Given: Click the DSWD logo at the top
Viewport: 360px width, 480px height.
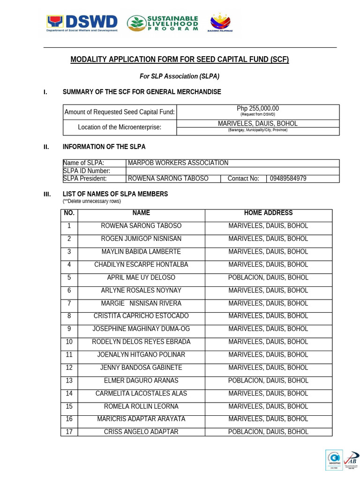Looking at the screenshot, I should (82, 22).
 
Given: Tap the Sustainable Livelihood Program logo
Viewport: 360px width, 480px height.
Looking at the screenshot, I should (163, 22).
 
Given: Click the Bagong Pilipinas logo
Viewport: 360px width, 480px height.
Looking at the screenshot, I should (221, 22).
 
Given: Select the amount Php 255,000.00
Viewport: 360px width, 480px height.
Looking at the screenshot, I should (257, 109).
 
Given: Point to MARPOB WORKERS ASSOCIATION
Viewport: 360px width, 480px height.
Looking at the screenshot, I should (178, 163).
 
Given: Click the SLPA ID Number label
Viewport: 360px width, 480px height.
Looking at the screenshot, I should (87, 171).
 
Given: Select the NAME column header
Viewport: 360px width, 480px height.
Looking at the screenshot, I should (141, 213).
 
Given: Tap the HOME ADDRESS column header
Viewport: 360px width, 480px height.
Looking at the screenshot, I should (268, 213).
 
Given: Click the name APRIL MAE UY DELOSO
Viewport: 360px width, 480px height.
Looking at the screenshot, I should (141, 277).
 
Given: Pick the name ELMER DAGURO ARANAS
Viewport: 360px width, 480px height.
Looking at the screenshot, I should (141, 381).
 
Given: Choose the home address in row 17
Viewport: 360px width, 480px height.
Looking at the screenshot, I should (268, 432).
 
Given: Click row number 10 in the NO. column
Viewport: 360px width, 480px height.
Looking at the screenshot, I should (69, 342).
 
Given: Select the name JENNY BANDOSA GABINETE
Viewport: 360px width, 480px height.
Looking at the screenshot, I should (141, 367).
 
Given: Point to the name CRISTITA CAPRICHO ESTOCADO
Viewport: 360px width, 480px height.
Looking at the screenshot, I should (141, 316).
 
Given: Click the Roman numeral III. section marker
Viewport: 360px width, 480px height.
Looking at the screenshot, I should (47, 194).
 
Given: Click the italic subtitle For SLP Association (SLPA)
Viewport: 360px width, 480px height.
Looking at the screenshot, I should (180, 76).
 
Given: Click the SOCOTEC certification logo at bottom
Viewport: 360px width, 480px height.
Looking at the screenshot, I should (334, 459).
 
